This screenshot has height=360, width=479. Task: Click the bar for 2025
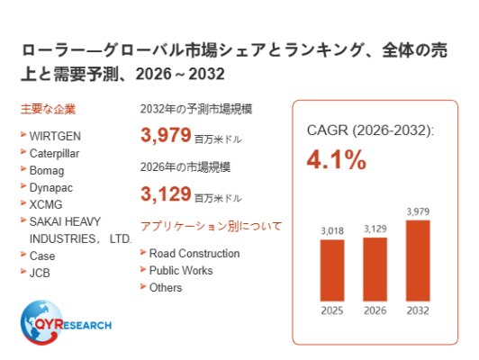pos(332,270)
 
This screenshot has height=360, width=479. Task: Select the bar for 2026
pos(375,269)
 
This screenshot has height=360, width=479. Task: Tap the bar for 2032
pos(418,260)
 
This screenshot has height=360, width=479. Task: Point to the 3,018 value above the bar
pos(332,230)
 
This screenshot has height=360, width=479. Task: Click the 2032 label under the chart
pos(418,310)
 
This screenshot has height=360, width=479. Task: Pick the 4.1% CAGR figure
pos(337,159)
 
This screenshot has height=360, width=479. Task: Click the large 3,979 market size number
pos(166,135)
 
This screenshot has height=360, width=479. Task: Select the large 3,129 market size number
pos(166,193)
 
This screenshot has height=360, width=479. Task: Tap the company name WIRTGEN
pos(55,136)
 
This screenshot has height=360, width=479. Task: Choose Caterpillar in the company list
pos(54,154)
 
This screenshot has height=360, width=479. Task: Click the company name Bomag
pos(47,171)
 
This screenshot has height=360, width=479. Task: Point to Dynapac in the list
pos(51,188)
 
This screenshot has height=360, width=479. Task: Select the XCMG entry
pos(46,204)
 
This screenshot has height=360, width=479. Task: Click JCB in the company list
pos(40,273)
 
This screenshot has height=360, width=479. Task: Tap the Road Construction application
pos(194,254)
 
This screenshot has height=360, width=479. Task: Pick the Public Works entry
pos(181,271)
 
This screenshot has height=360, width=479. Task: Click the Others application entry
pos(166,288)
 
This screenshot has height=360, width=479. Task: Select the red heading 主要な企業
pos(48,109)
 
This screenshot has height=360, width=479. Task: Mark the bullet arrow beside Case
pos(23,254)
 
